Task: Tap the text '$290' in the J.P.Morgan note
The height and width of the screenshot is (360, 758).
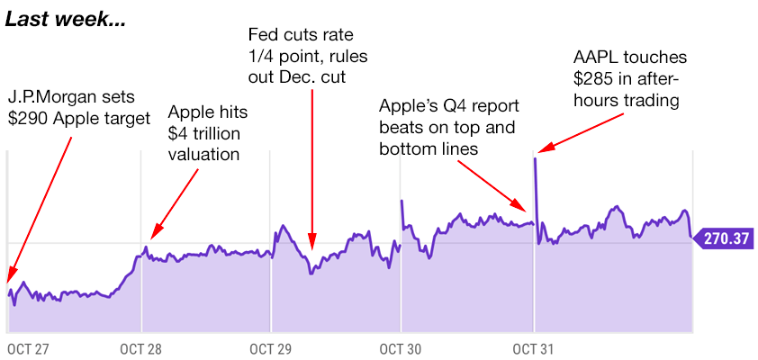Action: click(28, 118)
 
